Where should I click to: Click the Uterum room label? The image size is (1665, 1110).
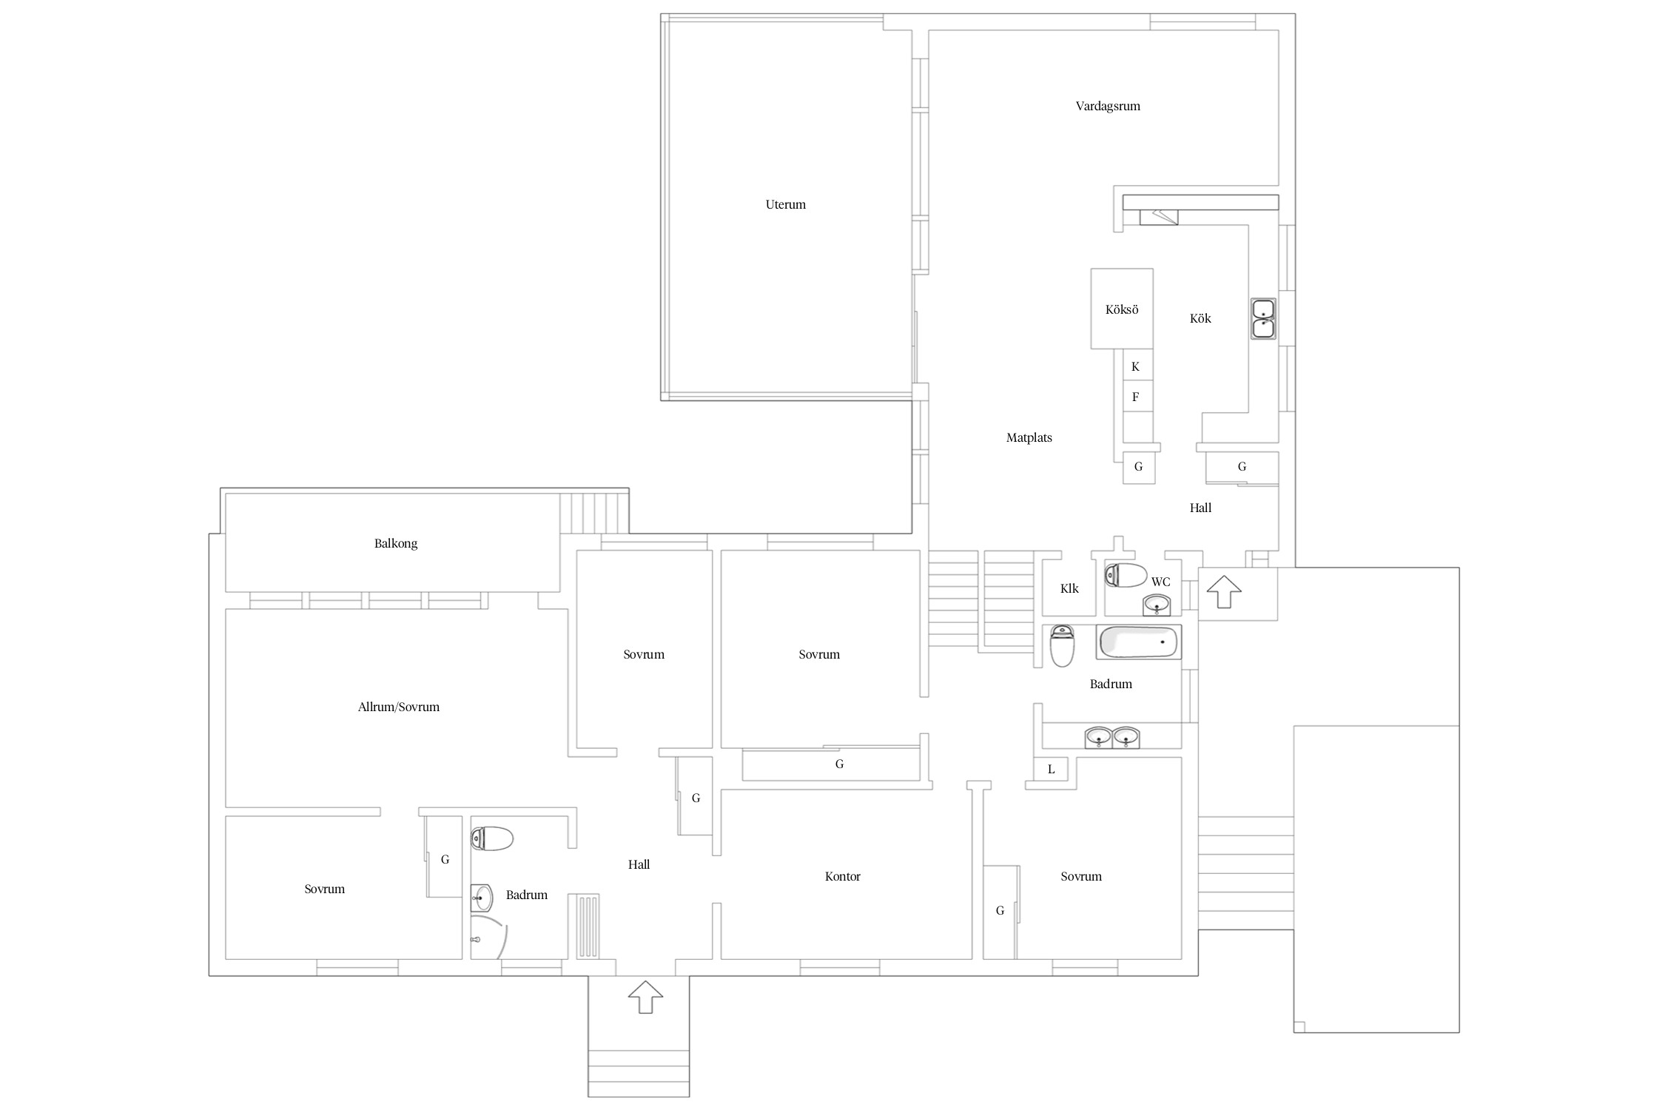[785, 204]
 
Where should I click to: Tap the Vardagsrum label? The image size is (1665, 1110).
[1108, 106]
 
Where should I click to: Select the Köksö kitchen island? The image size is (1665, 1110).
[1122, 309]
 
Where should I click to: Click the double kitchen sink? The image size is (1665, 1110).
[1263, 318]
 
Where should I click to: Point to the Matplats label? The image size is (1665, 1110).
[1029, 437]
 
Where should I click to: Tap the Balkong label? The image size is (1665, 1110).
[396, 543]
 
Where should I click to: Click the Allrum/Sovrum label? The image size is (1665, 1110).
[399, 707]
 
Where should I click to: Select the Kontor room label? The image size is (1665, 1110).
[843, 876]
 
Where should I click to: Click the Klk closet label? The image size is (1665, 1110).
[1069, 588]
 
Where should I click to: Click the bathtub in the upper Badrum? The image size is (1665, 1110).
[1138, 642]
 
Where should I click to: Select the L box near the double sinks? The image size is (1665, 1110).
[1051, 769]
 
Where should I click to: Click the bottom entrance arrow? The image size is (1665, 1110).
[645, 997]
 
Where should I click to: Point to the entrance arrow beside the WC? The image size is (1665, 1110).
[1224, 592]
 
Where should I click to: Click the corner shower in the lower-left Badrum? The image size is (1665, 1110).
[489, 938]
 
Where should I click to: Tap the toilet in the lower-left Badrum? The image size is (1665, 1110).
[492, 838]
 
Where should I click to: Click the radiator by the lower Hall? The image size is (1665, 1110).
[584, 926]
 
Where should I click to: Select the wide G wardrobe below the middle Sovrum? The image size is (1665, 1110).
[831, 764]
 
